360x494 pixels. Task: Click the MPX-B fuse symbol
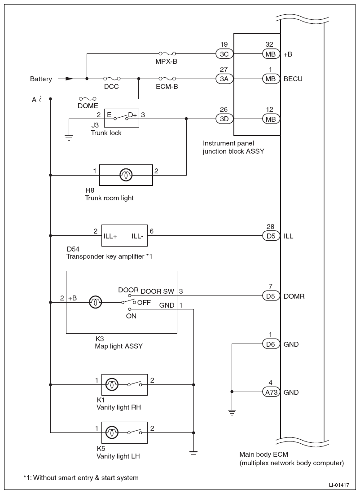(167, 53)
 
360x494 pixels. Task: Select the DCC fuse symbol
(111, 79)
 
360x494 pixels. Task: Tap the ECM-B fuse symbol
(167, 79)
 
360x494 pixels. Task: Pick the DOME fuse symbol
(88, 99)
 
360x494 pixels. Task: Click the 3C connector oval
(224, 54)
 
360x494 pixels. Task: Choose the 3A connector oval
(224, 79)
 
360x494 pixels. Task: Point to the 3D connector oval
(224, 119)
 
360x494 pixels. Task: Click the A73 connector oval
(271, 392)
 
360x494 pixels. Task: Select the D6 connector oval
(271, 344)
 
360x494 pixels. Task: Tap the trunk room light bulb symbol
(126, 175)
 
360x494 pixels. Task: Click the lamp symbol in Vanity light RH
(111, 384)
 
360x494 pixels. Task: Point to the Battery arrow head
(69, 79)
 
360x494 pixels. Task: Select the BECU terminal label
(293, 79)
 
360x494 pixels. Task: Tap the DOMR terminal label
(294, 296)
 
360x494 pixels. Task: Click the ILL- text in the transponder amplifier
(137, 236)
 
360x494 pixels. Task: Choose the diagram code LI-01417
(339, 485)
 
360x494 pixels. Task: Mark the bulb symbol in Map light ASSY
(96, 302)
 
